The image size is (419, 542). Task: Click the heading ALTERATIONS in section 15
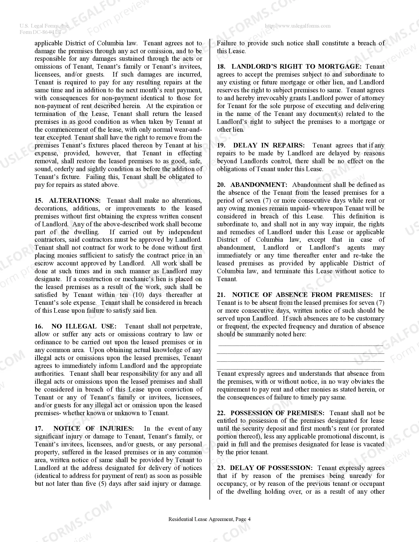(75, 200)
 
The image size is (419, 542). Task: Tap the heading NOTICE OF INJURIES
(93, 428)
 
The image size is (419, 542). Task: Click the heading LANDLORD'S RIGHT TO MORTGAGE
(296, 66)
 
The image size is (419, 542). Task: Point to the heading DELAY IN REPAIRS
(269, 145)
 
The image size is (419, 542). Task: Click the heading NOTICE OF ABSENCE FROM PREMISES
(302, 295)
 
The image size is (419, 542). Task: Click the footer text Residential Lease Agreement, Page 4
(209, 519)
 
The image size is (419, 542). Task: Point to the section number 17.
(39, 428)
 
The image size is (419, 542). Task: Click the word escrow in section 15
(45, 263)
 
